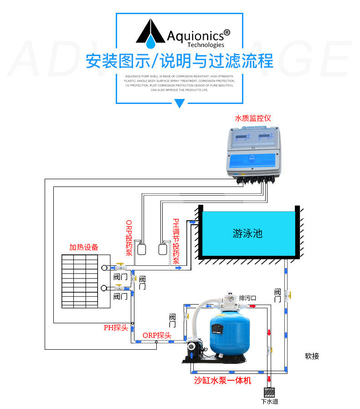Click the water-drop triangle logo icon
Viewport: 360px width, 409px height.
coord(150,33)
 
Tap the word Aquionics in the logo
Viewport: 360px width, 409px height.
coord(195,35)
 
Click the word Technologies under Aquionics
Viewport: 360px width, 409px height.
coord(206,45)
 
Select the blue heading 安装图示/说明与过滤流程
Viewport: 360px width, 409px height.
coord(180,61)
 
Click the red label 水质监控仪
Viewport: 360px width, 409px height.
coord(252,118)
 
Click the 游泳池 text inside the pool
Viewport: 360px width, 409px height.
coord(247,233)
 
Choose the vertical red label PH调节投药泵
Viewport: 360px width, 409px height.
coord(175,242)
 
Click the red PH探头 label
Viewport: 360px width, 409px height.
coord(116,327)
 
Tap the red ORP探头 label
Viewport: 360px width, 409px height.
coord(157,335)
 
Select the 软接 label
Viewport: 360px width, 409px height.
coord(312,356)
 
